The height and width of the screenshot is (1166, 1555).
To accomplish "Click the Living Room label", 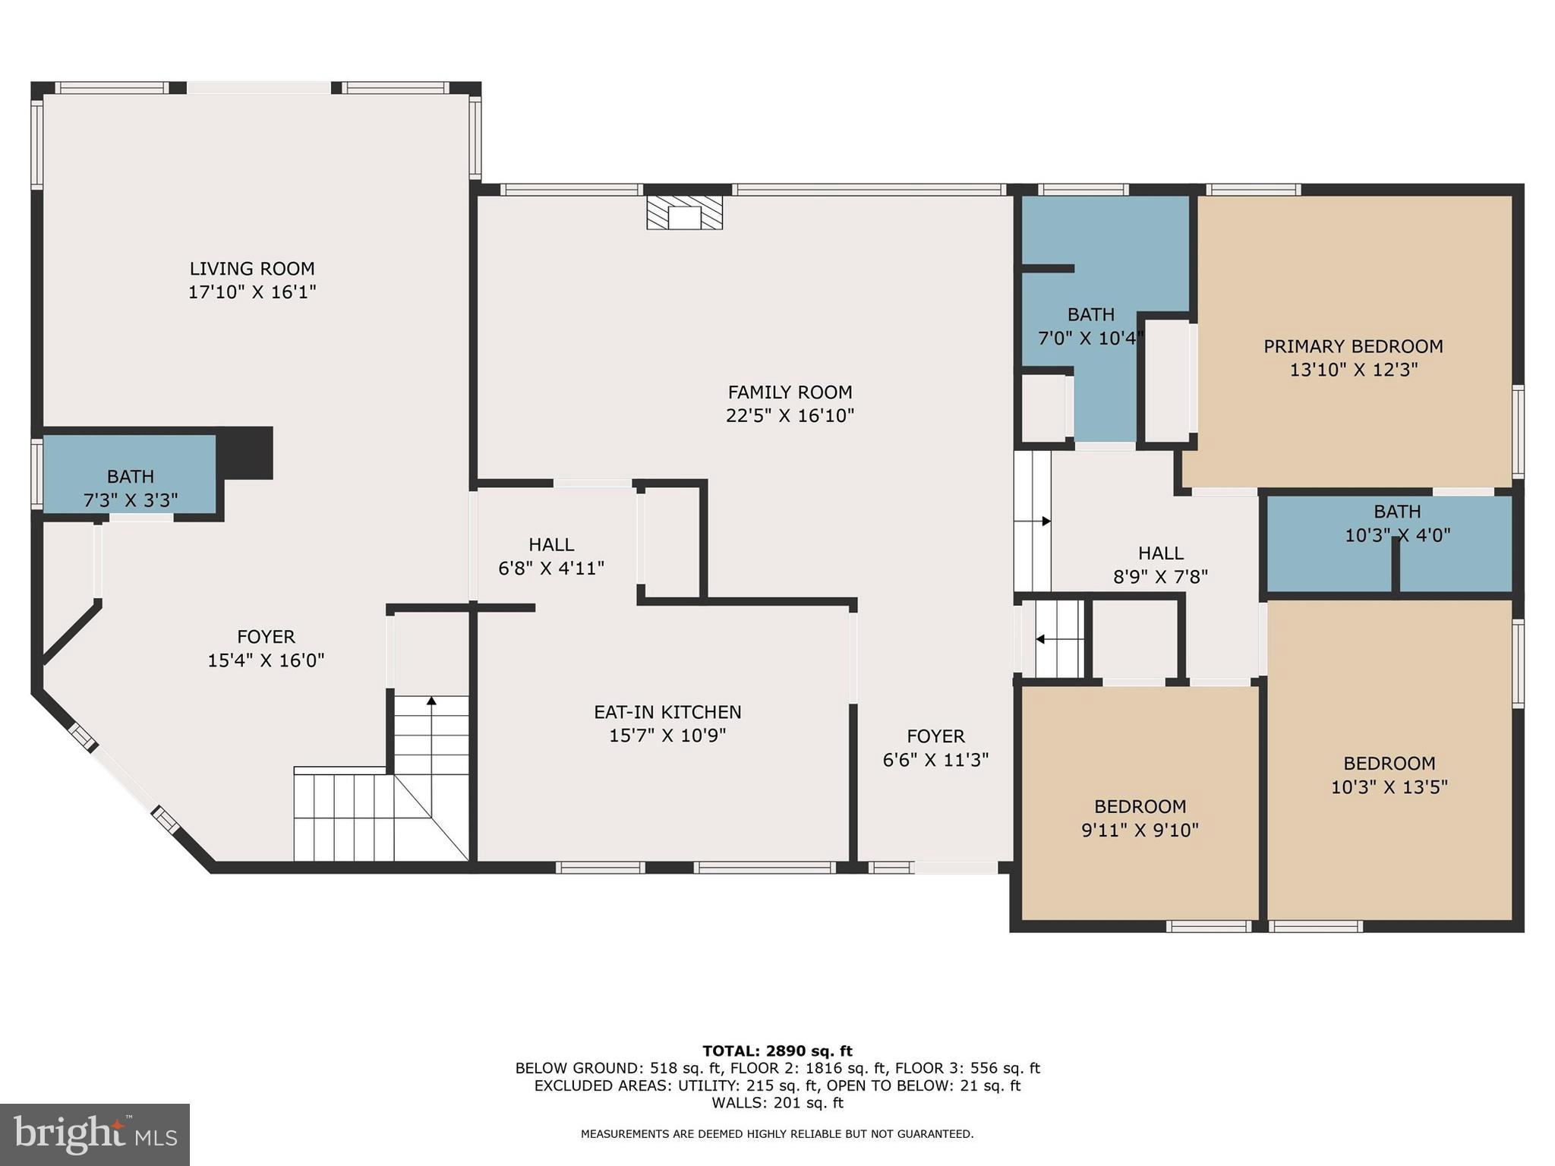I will (x=251, y=269).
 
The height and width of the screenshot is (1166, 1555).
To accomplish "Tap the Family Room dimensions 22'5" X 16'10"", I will (x=790, y=415).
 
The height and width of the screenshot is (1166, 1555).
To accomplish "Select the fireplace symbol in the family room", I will (x=684, y=214).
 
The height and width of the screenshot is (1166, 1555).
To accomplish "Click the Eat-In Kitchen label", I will (x=667, y=712).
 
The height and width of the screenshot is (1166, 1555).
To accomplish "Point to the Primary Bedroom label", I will (x=1353, y=346).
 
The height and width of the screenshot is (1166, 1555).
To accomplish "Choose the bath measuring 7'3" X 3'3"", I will (x=130, y=487).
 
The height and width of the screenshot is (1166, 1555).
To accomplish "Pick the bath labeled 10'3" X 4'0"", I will (x=1397, y=523).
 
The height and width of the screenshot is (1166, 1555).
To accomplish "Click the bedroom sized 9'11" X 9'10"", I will (x=1140, y=818).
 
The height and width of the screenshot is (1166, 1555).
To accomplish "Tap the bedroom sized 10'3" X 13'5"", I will (x=1389, y=774).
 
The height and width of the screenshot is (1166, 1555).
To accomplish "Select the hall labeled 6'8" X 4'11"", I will (x=551, y=556).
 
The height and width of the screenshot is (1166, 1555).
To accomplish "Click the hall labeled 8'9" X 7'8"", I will (x=1160, y=564).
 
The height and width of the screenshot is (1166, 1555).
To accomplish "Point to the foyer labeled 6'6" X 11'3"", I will (x=935, y=748).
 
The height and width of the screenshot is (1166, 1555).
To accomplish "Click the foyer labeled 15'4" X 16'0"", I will (x=266, y=648).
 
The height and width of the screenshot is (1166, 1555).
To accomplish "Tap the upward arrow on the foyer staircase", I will (x=431, y=701).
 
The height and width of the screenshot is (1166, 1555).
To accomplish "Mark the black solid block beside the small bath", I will (x=245, y=452).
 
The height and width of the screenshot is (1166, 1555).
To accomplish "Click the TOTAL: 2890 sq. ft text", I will (x=777, y=1051).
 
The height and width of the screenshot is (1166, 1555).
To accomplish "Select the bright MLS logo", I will (x=95, y=1134).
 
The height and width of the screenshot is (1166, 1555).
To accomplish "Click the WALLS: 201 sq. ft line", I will (x=777, y=1102).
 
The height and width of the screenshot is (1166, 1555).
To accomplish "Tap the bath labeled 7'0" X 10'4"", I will (x=1090, y=326).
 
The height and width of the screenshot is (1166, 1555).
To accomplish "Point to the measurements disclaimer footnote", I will (x=777, y=1133).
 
